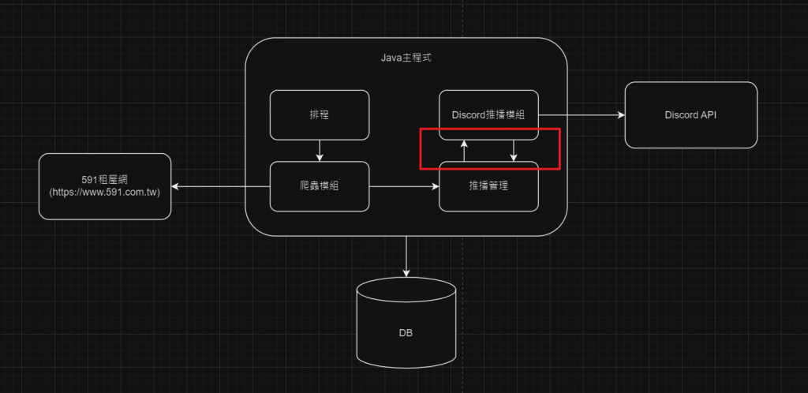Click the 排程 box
tap(320, 114)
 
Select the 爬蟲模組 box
tap(320, 186)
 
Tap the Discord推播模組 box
tap(489, 114)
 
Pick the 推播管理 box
tap(489, 186)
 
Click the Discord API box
tap(691, 114)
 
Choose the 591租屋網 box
tap(105, 186)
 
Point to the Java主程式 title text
tap(406, 58)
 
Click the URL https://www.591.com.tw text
tap(105, 192)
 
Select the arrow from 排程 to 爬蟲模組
tap(320, 150)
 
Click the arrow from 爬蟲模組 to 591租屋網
tap(221, 186)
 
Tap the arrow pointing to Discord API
tap(582, 115)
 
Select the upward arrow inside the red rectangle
tap(464, 150)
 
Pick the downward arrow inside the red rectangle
tap(514, 150)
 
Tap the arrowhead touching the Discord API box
tap(620, 115)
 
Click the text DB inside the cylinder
tap(406, 333)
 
